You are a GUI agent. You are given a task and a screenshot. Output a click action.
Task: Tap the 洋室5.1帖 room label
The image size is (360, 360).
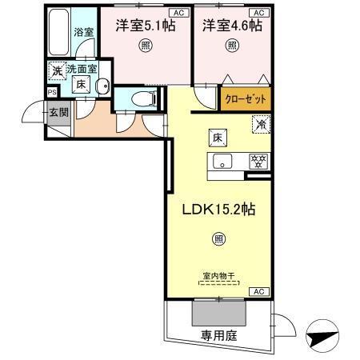[145, 26]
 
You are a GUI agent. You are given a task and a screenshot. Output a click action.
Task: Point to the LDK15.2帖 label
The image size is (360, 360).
[218, 210]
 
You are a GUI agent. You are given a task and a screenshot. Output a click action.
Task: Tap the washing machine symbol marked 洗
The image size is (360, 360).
[57, 70]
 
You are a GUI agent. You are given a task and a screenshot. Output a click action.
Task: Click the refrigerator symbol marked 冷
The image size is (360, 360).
[261, 124]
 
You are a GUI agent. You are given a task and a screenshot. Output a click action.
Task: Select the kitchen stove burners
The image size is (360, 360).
[258, 160]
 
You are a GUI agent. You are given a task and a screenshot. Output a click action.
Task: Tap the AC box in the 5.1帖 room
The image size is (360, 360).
[179, 14]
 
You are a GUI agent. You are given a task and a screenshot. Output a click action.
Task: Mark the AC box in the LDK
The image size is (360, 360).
[259, 293]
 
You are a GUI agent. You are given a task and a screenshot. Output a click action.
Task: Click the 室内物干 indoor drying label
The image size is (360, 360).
[218, 277]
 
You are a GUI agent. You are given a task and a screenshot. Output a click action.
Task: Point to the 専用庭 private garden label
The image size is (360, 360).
[218, 336]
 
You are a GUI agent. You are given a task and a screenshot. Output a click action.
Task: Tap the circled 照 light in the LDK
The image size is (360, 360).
[218, 238]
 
